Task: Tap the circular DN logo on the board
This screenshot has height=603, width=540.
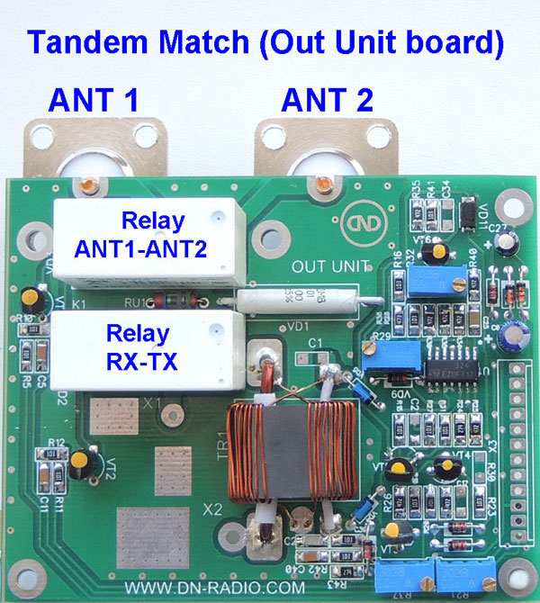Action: point(356,222)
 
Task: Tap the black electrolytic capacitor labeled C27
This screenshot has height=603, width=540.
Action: point(511,244)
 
